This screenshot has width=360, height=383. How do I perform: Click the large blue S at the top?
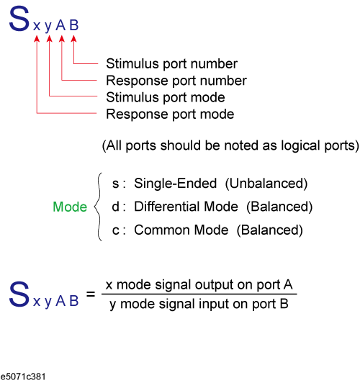(19, 19)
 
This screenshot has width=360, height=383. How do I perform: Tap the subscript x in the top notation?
(37, 26)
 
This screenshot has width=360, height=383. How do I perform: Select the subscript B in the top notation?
(73, 25)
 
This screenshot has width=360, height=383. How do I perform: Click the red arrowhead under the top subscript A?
(62, 39)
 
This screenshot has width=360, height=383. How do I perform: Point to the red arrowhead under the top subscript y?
(50, 39)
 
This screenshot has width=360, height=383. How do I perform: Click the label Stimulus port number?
(171, 64)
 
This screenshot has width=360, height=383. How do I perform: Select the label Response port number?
(176, 81)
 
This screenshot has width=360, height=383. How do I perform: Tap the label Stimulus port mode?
(166, 97)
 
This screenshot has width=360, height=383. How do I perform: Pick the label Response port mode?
(170, 114)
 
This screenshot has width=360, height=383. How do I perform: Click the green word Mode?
(70, 207)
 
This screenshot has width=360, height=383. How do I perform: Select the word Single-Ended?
(176, 183)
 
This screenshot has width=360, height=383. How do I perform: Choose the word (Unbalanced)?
(266, 184)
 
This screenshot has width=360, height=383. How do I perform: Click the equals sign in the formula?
(91, 294)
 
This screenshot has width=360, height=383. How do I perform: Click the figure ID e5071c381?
(23, 377)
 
